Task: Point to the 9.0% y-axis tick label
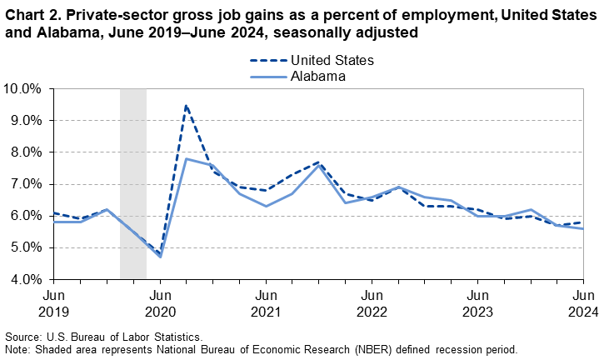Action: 25,120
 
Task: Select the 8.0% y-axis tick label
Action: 25,152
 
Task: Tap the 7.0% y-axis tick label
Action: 25,183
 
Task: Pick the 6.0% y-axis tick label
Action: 25,216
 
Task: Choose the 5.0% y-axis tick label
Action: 25,247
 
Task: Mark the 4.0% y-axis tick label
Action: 25,279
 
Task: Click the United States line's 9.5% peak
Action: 186,105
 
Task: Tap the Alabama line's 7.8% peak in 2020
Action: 186,158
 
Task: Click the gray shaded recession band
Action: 133,183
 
